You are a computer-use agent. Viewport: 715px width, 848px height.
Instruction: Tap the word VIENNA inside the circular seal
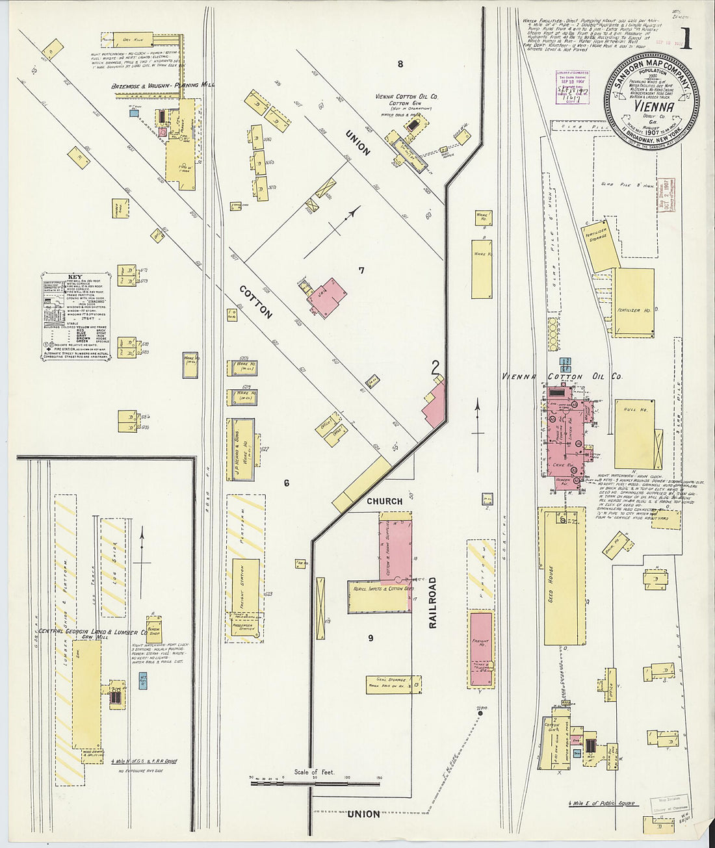tap(652, 105)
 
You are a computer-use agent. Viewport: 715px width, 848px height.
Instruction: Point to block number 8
tap(400, 64)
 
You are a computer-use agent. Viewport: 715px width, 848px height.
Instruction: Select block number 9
tap(370, 637)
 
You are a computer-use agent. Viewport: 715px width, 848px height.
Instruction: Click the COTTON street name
tap(255, 302)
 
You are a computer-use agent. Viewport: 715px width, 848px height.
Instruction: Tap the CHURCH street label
tap(384, 501)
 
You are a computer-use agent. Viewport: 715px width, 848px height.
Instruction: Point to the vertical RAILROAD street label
tap(433, 601)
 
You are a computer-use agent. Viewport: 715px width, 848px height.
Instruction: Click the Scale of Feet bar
tap(315, 783)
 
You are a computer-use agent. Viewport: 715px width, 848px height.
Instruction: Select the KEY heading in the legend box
tap(73, 277)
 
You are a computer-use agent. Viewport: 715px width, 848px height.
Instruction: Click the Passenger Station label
tap(245, 627)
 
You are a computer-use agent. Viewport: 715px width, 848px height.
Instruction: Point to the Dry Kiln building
tap(135, 38)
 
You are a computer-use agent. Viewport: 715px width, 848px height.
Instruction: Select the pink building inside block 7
tap(327, 297)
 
